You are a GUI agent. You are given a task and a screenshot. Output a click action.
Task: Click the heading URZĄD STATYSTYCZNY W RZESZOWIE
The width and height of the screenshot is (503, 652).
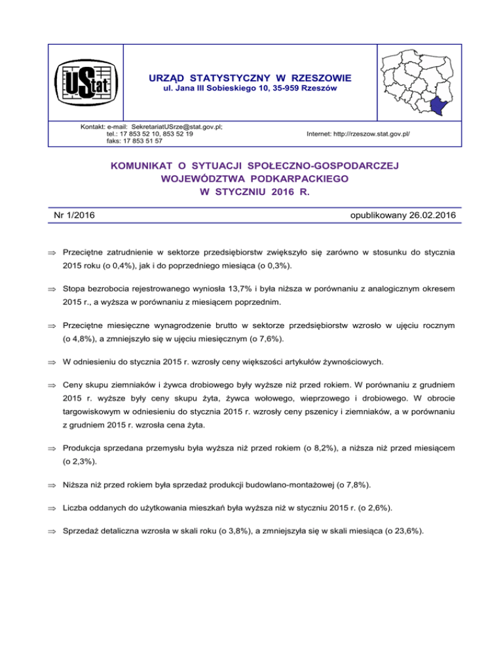(x=250, y=78)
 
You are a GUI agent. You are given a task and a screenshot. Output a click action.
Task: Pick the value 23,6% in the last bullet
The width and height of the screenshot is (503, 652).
(x=409, y=532)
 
